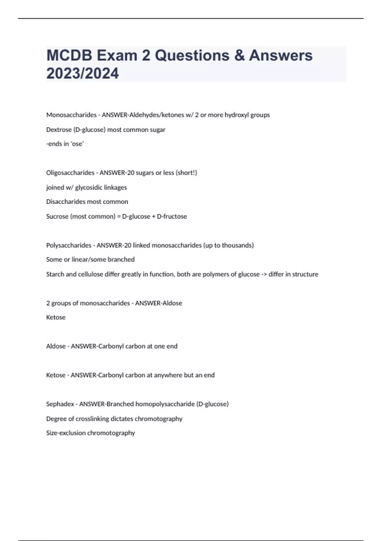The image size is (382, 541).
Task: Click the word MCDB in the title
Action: coord(69,55)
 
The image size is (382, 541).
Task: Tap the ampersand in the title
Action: coord(239,55)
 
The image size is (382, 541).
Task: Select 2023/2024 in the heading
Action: coord(82,73)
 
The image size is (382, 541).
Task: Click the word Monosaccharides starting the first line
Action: coord(71,115)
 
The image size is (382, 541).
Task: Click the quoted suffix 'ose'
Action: coord(77,144)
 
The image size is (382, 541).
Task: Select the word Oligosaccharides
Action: coord(70,173)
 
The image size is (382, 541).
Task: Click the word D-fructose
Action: coord(172,216)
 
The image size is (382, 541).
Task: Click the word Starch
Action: coord(55,274)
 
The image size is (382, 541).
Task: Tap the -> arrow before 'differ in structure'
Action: coord(264,274)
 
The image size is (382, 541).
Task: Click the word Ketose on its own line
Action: coord(56,317)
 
